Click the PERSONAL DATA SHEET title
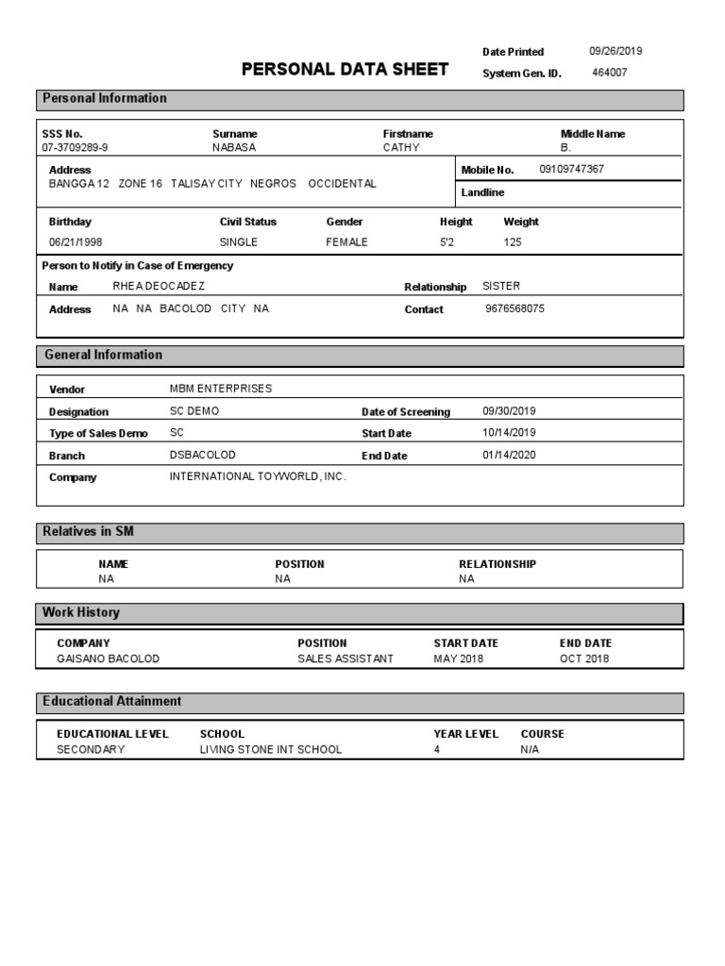point(345,70)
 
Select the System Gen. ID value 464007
point(609,73)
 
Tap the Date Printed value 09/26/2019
point(615,52)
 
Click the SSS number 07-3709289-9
point(76,148)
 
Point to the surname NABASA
point(234,148)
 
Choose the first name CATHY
point(401,148)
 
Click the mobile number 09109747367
point(572,169)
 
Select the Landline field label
point(482,192)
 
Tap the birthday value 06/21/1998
point(76,242)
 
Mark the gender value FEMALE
point(347,242)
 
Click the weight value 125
point(513,242)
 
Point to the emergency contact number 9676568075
point(514,308)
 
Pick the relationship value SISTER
point(501,286)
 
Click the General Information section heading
point(103,355)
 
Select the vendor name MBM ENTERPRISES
point(221,389)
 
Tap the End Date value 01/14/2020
point(509,455)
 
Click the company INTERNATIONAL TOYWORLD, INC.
point(258,476)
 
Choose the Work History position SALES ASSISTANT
point(346,658)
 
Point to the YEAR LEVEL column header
point(466,734)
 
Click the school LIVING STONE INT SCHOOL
point(271,750)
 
